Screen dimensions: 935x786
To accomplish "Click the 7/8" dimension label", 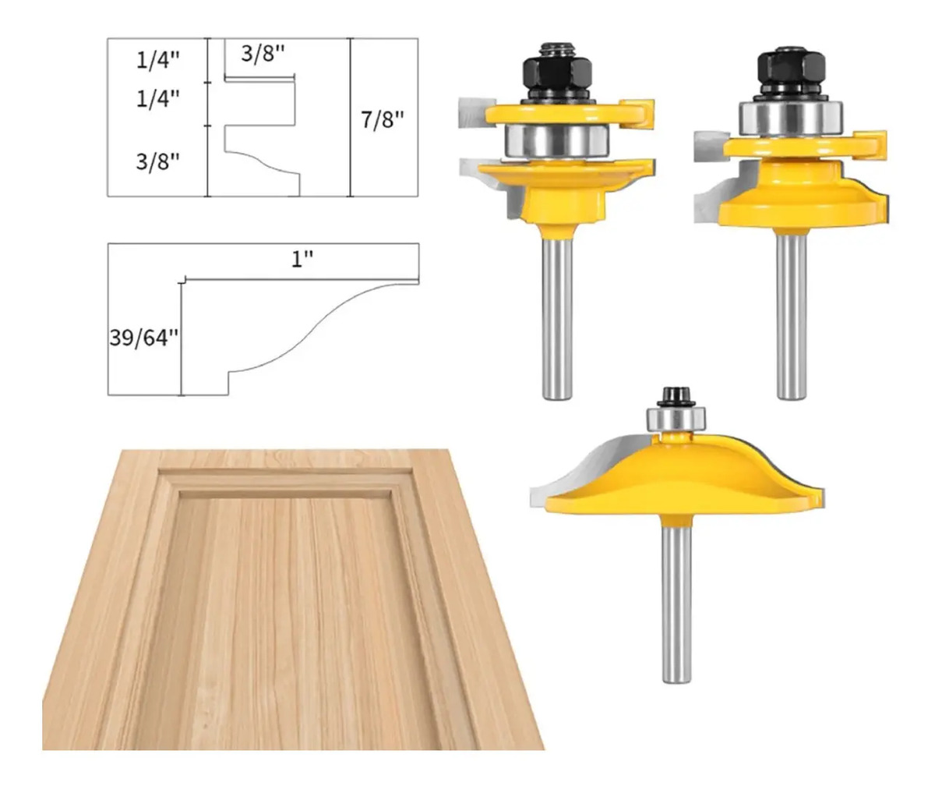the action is tap(383, 119).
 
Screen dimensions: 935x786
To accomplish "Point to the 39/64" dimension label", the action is tap(144, 337).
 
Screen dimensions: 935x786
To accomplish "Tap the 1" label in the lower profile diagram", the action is tap(302, 259).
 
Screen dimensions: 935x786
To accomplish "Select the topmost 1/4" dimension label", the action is tap(157, 60).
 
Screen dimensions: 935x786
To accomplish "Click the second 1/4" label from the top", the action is tap(157, 98).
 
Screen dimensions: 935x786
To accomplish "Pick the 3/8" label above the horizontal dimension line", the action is tap(263, 54).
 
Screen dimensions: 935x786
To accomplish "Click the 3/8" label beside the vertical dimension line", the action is tap(157, 161).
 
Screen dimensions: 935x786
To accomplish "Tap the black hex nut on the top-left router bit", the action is tap(558, 73).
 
